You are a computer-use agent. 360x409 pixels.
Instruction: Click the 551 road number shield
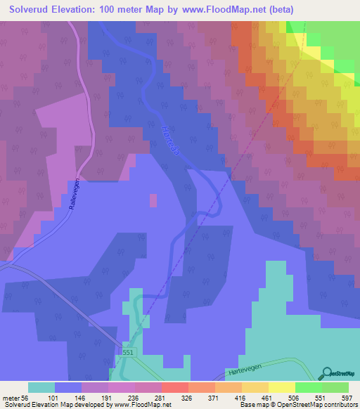click(x=127, y=351)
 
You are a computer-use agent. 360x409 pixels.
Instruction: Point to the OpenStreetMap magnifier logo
click(x=327, y=374)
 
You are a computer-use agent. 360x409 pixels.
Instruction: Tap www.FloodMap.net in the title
click(x=219, y=9)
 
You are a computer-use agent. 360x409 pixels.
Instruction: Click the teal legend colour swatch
click(x=41, y=387)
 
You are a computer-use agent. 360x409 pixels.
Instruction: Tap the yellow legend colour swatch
click(x=282, y=387)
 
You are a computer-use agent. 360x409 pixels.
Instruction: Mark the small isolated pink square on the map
click(x=153, y=200)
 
